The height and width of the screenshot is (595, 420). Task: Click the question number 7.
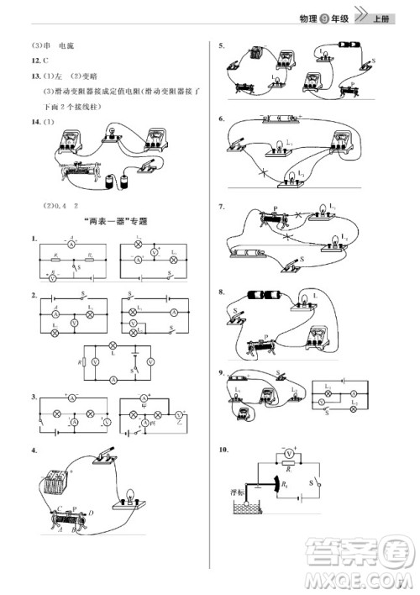coord(220,206)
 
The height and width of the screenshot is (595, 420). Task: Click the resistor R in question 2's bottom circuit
coord(83,362)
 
